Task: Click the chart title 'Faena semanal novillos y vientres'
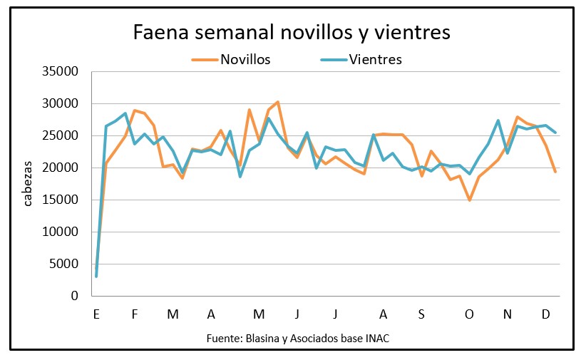(x=291, y=33)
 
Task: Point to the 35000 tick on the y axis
(x=61, y=72)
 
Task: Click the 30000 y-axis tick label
(x=61, y=104)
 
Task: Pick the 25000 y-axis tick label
(x=61, y=136)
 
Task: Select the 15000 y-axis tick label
(x=61, y=200)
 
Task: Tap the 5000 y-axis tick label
(x=63, y=264)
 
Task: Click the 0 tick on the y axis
(x=74, y=297)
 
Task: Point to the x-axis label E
(x=96, y=314)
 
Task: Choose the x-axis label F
(x=135, y=314)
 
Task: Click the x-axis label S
(x=421, y=314)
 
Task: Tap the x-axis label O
(x=468, y=314)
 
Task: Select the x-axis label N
(x=508, y=314)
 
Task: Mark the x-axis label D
(x=546, y=314)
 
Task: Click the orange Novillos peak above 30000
(x=277, y=102)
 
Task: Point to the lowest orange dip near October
(x=469, y=200)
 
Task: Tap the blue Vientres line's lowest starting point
(x=96, y=276)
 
